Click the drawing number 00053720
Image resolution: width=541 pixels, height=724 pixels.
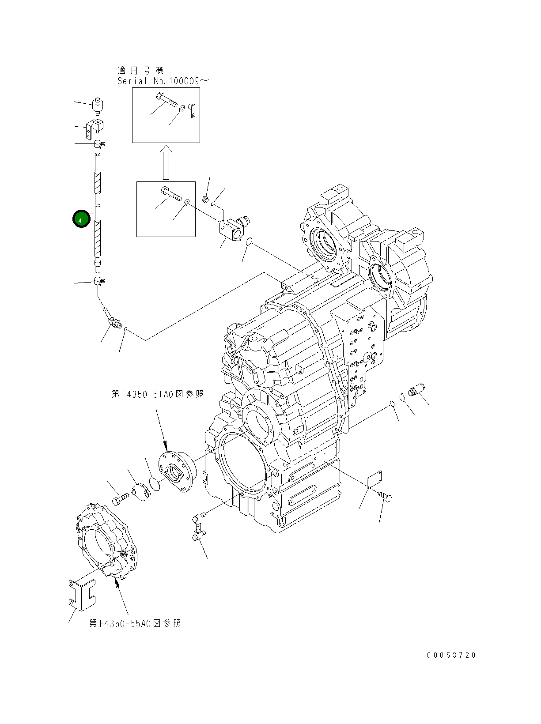[x=451, y=655]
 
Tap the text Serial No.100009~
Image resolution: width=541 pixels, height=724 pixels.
[x=163, y=81]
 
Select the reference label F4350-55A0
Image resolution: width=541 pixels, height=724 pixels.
[x=135, y=623]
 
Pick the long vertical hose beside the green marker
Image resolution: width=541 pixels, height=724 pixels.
[x=98, y=212]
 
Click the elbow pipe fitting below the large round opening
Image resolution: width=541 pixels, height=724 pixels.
[x=197, y=527]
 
